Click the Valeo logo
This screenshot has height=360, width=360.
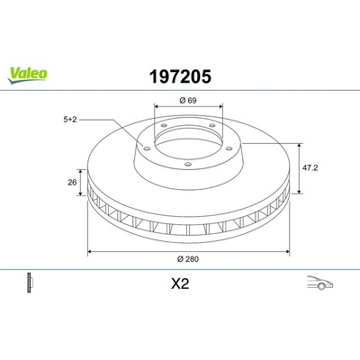[28, 75]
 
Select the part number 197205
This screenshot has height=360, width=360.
[180, 76]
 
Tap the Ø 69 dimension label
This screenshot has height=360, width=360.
[188, 101]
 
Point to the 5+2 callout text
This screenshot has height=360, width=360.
[70, 120]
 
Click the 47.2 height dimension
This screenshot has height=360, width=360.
[310, 167]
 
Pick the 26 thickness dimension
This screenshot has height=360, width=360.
[72, 182]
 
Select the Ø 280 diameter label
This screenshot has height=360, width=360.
[188, 259]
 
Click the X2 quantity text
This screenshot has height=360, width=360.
[180, 283]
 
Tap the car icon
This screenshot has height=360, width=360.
[320, 283]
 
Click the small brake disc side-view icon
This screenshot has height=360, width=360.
[30, 283]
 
